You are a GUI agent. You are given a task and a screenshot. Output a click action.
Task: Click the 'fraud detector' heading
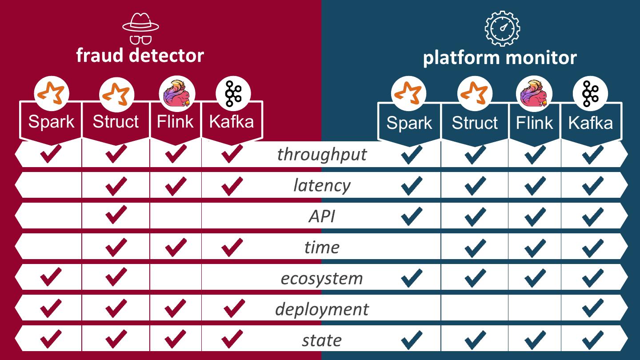(140, 56)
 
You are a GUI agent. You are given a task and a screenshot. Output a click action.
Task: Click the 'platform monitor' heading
(500, 58)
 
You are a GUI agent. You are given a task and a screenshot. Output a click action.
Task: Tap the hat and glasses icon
(140, 28)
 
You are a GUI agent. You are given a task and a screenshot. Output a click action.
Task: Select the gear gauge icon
(502, 28)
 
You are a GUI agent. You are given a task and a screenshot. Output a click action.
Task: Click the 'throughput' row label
(322, 155)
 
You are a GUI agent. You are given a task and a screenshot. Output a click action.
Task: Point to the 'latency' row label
(322, 185)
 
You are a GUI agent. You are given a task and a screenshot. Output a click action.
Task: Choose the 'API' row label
(322, 216)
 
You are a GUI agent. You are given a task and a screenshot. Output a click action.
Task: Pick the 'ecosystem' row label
(322, 279)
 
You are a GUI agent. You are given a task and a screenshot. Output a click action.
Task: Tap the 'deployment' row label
(322, 309)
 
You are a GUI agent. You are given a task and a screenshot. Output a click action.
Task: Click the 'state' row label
(322, 340)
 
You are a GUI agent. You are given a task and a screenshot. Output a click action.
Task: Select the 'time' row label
(322, 247)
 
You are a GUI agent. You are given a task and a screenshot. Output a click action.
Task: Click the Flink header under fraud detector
(176, 121)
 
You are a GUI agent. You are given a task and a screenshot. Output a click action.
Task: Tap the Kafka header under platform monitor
(590, 123)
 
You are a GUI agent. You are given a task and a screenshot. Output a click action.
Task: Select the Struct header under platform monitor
(475, 123)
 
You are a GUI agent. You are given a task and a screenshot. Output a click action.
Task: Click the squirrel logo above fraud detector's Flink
(177, 94)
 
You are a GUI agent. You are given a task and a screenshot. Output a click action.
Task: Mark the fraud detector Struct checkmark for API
(116, 216)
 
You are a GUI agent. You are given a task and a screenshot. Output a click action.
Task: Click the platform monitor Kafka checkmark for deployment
(593, 308)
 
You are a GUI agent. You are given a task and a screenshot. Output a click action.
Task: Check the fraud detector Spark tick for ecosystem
(51, 278)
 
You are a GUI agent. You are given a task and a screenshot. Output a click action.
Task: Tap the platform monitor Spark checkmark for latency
(412, 185)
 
